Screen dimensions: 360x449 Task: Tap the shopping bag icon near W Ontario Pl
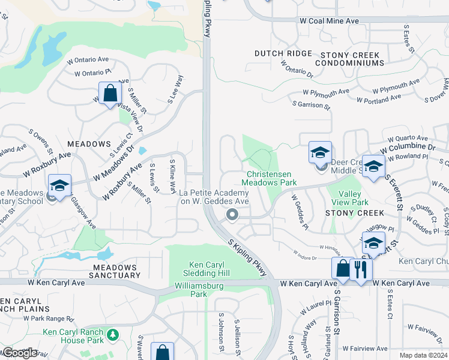point(110,94)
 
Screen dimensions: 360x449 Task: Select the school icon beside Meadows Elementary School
point(59,185)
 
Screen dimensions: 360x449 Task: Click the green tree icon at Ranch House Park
point(112,333)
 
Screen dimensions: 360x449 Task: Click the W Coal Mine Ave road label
point(329,21)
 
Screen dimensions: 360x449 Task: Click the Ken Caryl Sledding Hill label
point(209,269)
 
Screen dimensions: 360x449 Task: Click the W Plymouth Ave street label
point(326,92)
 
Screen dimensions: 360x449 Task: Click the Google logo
point(20,353)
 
